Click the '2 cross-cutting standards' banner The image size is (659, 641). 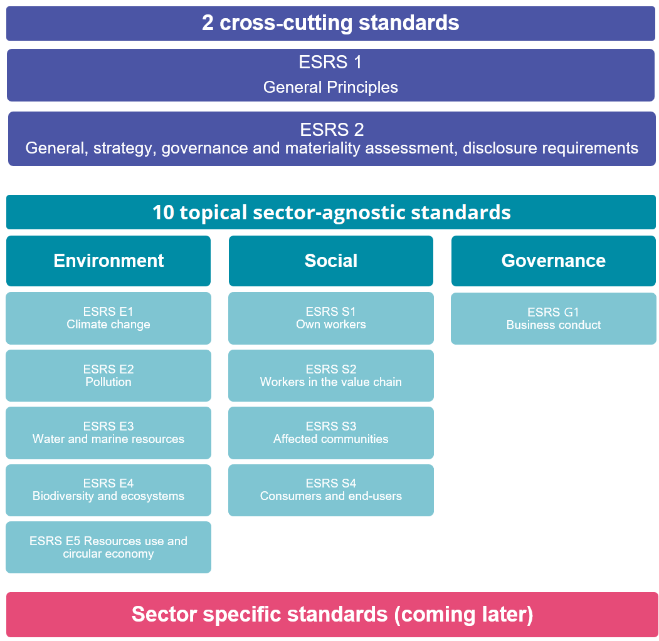330,23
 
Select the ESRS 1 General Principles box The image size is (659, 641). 330,75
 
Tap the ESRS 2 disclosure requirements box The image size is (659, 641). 332,138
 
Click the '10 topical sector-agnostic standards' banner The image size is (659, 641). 331,212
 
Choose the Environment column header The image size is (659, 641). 108,261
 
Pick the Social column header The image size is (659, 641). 331,261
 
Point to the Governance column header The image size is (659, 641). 554,261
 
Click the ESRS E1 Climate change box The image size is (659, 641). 108,318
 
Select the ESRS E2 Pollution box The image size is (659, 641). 108,375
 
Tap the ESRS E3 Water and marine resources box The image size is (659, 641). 108,432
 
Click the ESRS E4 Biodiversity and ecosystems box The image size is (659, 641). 108,490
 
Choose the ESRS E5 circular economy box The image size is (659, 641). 108,548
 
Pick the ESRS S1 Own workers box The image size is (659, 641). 331,318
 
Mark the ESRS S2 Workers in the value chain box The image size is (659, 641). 331,375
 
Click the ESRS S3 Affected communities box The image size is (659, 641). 331,432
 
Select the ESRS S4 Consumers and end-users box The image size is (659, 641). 331,490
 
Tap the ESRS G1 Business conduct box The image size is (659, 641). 554,318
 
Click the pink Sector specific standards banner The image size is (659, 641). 332,615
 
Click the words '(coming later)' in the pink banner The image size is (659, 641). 463,615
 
